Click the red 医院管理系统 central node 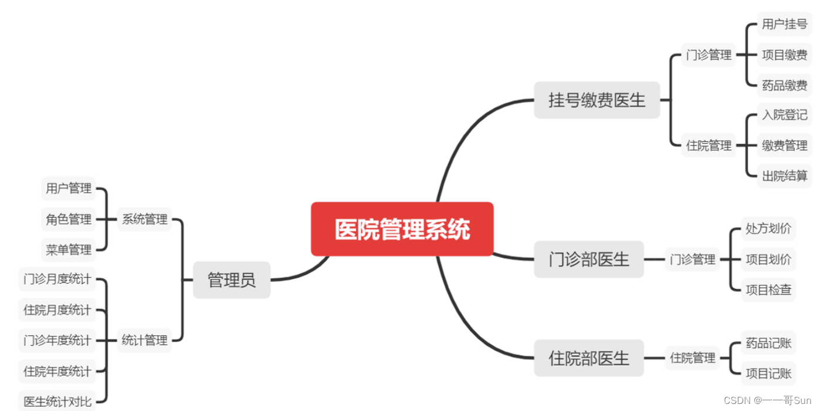402,229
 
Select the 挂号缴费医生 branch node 597,100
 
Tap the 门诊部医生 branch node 588,259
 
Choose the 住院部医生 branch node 588,358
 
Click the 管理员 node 232,280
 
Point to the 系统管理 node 144,220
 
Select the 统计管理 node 144,340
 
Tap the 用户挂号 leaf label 784,25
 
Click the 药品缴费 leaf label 784,86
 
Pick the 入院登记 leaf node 784,115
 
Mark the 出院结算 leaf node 784,176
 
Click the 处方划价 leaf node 768,228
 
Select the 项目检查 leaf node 768,289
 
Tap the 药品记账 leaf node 768,342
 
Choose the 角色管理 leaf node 69,220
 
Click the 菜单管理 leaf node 69,250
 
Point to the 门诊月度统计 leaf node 57,279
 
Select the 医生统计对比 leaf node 57,402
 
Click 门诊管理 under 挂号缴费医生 709,55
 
